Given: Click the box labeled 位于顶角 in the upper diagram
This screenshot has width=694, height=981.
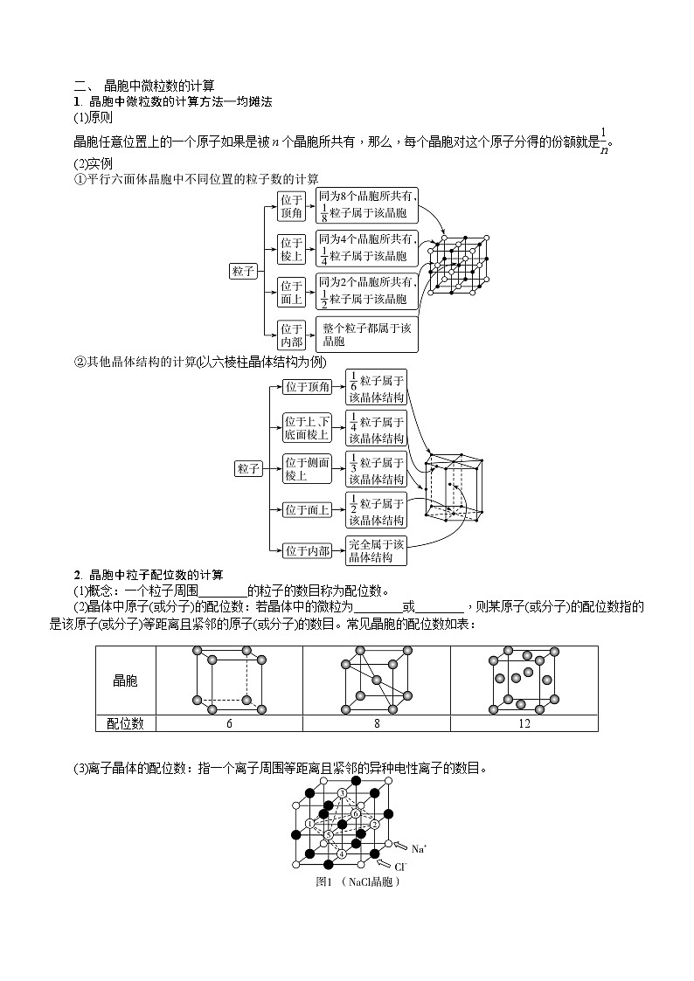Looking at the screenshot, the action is click(291, 206).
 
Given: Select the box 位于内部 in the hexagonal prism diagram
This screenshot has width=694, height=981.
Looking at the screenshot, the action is click(308, 550).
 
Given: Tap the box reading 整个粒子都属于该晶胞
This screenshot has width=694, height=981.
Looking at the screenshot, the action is click(367, 334).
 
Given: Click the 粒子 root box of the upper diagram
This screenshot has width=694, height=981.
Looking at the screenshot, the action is click(244, 271).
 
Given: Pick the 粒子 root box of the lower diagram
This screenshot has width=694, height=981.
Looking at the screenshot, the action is click(248, 468).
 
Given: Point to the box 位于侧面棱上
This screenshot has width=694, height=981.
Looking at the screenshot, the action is click(307, 468).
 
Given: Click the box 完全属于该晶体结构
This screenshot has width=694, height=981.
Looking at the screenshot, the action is click(376, 550).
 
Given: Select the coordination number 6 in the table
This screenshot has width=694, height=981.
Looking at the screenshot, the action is click(229, 723).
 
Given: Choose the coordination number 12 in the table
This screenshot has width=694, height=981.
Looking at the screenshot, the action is click(524, 723).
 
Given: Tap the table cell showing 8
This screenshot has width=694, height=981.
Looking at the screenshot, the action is click(377, 723).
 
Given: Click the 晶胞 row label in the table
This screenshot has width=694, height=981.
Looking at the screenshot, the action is click(125, 680).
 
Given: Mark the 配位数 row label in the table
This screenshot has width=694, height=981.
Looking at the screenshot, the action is click(125, 723).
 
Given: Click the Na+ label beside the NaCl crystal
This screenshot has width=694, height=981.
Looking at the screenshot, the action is click(420, 849).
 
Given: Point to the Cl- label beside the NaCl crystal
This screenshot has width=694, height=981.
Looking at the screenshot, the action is click(401, 867).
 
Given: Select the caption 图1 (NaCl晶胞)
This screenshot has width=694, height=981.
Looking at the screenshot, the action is click(358, 882).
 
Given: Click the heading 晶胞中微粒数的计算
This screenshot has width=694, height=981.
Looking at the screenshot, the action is click(159, 86).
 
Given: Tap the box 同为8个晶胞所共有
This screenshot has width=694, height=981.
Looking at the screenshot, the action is click(367, 206).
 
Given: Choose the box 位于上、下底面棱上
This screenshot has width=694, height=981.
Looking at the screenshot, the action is click(307, 428).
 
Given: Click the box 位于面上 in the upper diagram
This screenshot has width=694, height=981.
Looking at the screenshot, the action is click(291, 293).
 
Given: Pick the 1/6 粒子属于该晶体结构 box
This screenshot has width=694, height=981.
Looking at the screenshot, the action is click(376, 387).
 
